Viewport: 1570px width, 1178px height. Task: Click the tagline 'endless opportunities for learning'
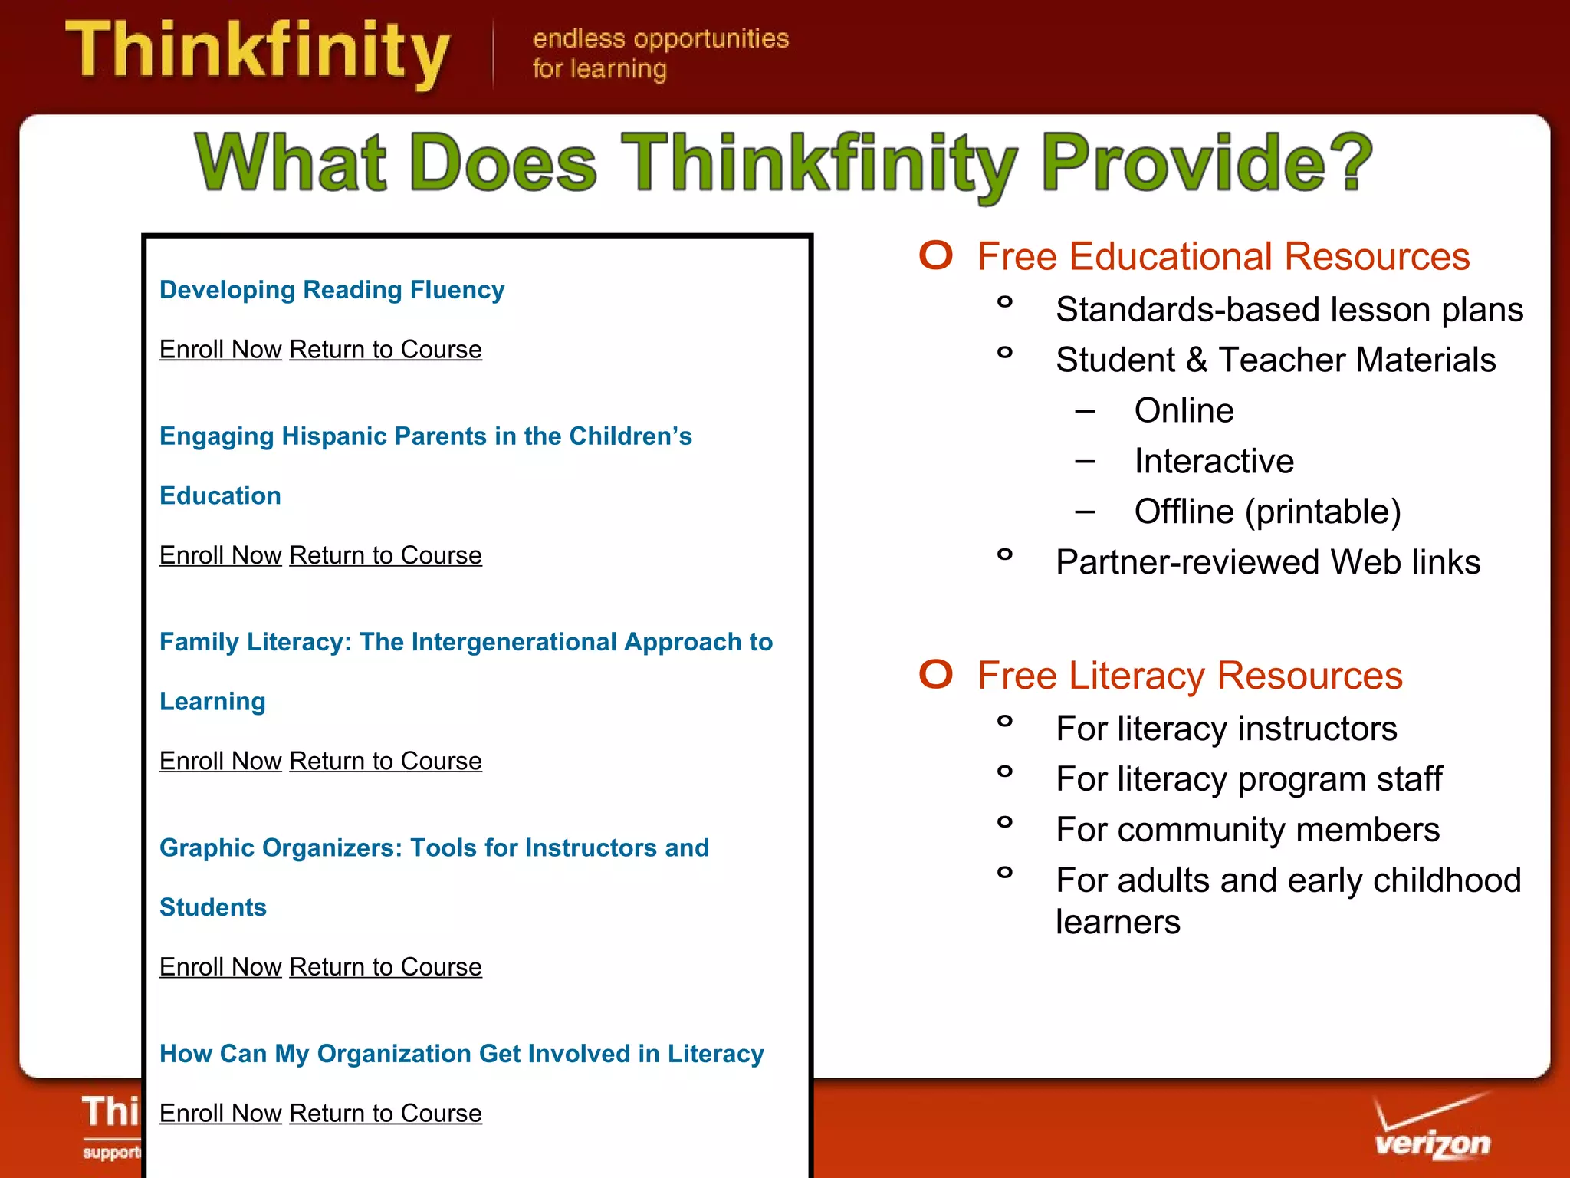(659, 53)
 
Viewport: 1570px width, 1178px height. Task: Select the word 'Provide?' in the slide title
(1207, 163)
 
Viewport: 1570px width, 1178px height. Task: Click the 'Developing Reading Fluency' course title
(331, 290)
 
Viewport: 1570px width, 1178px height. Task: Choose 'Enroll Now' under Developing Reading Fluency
(220, 350)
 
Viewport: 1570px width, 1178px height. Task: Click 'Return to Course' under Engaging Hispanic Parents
(385, 555)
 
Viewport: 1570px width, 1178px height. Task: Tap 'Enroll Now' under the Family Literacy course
(220, 761)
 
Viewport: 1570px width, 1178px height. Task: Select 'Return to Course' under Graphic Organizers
(385, 967)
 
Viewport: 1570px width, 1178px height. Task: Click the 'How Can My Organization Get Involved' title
(461, 1054)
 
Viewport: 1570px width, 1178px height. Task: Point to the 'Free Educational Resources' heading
(1223, 257)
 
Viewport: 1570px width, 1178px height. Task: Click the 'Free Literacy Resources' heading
(1189, 676)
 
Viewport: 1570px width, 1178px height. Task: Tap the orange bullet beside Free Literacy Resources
(935, 674)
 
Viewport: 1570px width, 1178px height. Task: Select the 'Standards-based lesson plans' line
(1289, 310)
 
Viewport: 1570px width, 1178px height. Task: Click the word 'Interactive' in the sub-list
(1214, 461)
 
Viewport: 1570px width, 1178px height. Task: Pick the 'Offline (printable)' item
(1266, 512)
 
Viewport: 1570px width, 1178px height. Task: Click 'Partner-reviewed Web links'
(1267, 562)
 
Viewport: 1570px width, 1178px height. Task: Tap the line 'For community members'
(1247, 830)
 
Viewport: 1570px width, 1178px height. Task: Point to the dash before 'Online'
(1085, 411)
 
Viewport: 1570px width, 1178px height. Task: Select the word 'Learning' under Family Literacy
(212, 702)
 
